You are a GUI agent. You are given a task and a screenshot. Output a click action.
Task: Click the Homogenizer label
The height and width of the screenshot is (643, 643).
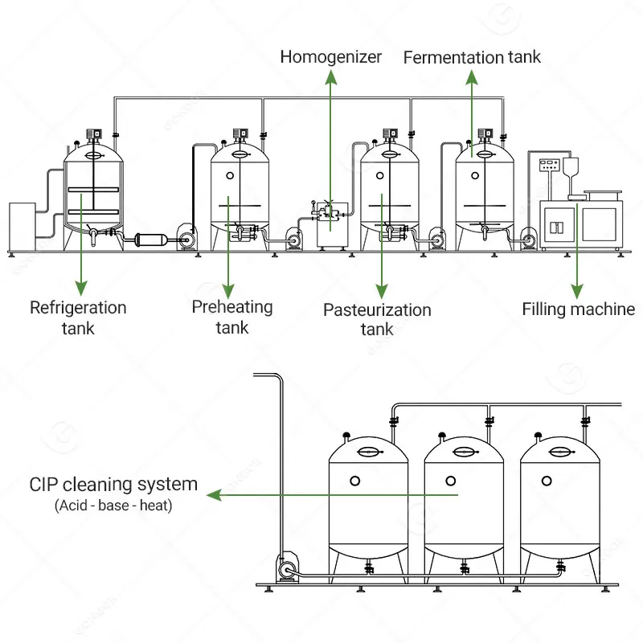[x=330, y=57]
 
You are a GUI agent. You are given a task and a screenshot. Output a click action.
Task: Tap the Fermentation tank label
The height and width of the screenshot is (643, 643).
[x=472, y=57]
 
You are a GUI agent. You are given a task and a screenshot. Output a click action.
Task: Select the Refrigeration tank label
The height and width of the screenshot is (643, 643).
[x=78, y=317]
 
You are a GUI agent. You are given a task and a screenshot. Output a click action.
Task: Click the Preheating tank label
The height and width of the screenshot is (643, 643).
[x=231, y=317]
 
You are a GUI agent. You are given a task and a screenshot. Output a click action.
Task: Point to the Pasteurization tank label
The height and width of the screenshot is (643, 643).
[x=377, y=319]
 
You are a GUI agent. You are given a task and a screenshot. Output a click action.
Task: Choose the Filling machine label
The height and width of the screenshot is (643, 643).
[x=578, y=309]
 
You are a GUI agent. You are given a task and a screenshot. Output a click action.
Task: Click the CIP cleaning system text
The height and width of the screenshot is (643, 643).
[x=113, y=485]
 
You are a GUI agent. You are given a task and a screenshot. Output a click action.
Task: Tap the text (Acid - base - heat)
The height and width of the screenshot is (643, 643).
[x=113, y=506]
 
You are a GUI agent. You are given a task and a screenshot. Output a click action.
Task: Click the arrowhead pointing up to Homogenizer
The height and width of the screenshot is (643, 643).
[x=330, y=76]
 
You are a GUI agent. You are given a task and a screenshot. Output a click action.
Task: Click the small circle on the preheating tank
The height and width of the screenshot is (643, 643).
[x=230, y=175]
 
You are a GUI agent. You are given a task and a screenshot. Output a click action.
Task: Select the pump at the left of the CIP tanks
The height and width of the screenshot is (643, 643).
[x=285, y=570]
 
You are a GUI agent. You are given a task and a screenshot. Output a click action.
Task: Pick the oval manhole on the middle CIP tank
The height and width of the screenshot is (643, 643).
[x=464, y=453]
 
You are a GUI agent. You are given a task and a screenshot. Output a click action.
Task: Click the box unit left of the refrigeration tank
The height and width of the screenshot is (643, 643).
[x=21, y=226]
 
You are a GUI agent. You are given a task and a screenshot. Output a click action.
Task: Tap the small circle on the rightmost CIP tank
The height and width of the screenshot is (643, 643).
[x=547, y=481]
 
